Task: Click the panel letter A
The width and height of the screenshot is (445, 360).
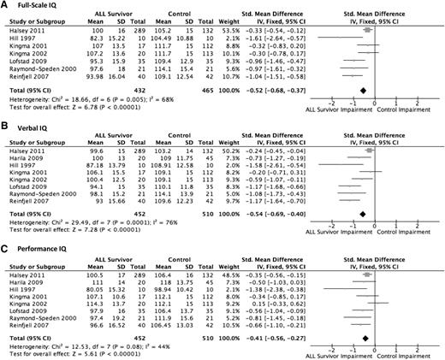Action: pyautogui.click(x=5, y=5)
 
